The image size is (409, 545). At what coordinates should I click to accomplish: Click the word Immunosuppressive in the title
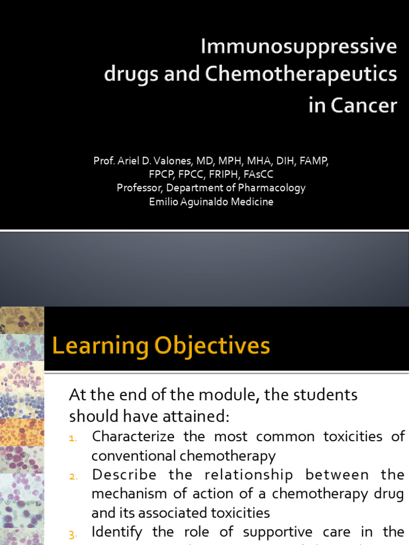pyautogui.click(x=299, y=47)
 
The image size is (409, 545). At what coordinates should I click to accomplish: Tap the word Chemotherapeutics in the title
pyautogui.click(x=300, y=75)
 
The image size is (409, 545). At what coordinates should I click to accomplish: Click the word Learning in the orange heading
pyautogui.click(x=100, y=346)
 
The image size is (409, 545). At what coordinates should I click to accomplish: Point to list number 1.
pyautogui.click(x=73, y=438)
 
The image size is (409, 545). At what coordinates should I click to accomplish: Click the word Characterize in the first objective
pyautogui.click(x=133, y=436)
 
